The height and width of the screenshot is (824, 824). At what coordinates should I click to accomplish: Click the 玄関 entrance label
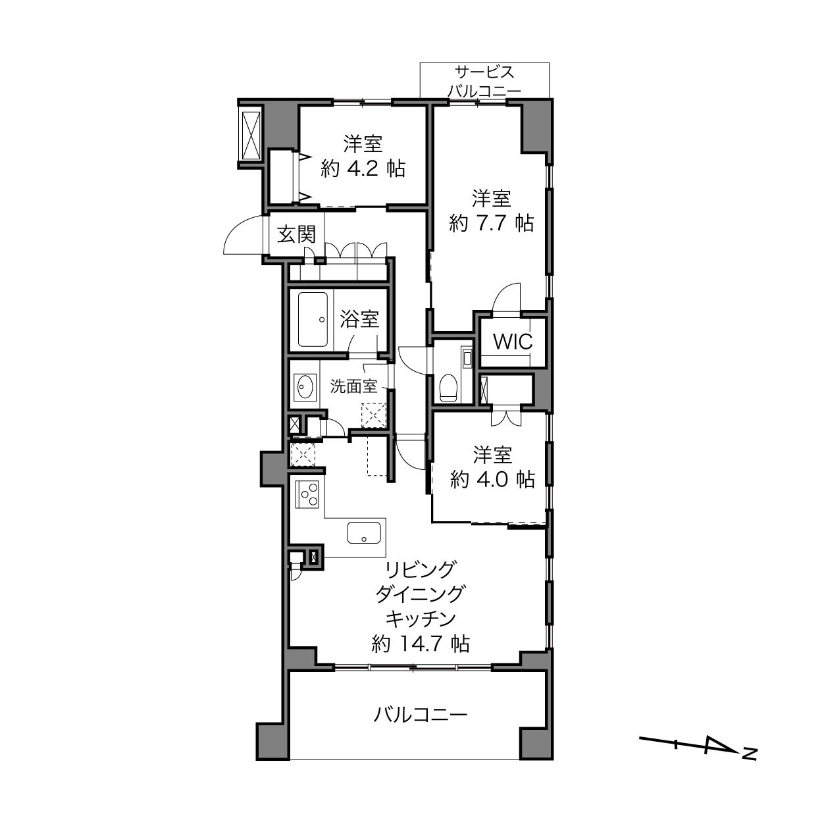click(x=296, y=235)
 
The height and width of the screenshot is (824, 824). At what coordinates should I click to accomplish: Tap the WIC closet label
click(x=513, y=341)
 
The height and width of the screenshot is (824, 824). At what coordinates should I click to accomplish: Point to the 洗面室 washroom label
click(x=353, y=386)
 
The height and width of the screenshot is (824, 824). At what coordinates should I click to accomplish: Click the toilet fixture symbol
click(x=449, y=388)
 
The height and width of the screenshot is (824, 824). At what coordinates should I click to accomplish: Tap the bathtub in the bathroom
click(x=313, y=319)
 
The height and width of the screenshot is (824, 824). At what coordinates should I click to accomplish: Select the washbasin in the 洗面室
click(x=305, y=388)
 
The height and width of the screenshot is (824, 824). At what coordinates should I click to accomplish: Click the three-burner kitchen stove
click(x=307, y=494)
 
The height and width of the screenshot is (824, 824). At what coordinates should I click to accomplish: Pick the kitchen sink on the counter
click(x=363, y=532)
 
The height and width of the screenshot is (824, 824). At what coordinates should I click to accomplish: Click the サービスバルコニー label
click(x=484, y=81)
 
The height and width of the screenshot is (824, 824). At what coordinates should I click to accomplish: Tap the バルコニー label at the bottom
click(x=421, y=714)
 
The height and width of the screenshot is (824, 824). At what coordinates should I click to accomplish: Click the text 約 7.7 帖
click(x=492, y=223)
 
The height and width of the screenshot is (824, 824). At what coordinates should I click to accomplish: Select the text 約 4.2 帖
click(x=363, y=169)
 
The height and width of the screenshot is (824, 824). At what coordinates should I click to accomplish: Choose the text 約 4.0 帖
click(x=492, y=479)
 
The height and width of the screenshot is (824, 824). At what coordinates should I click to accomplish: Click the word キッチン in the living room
click(x=421, y=619)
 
